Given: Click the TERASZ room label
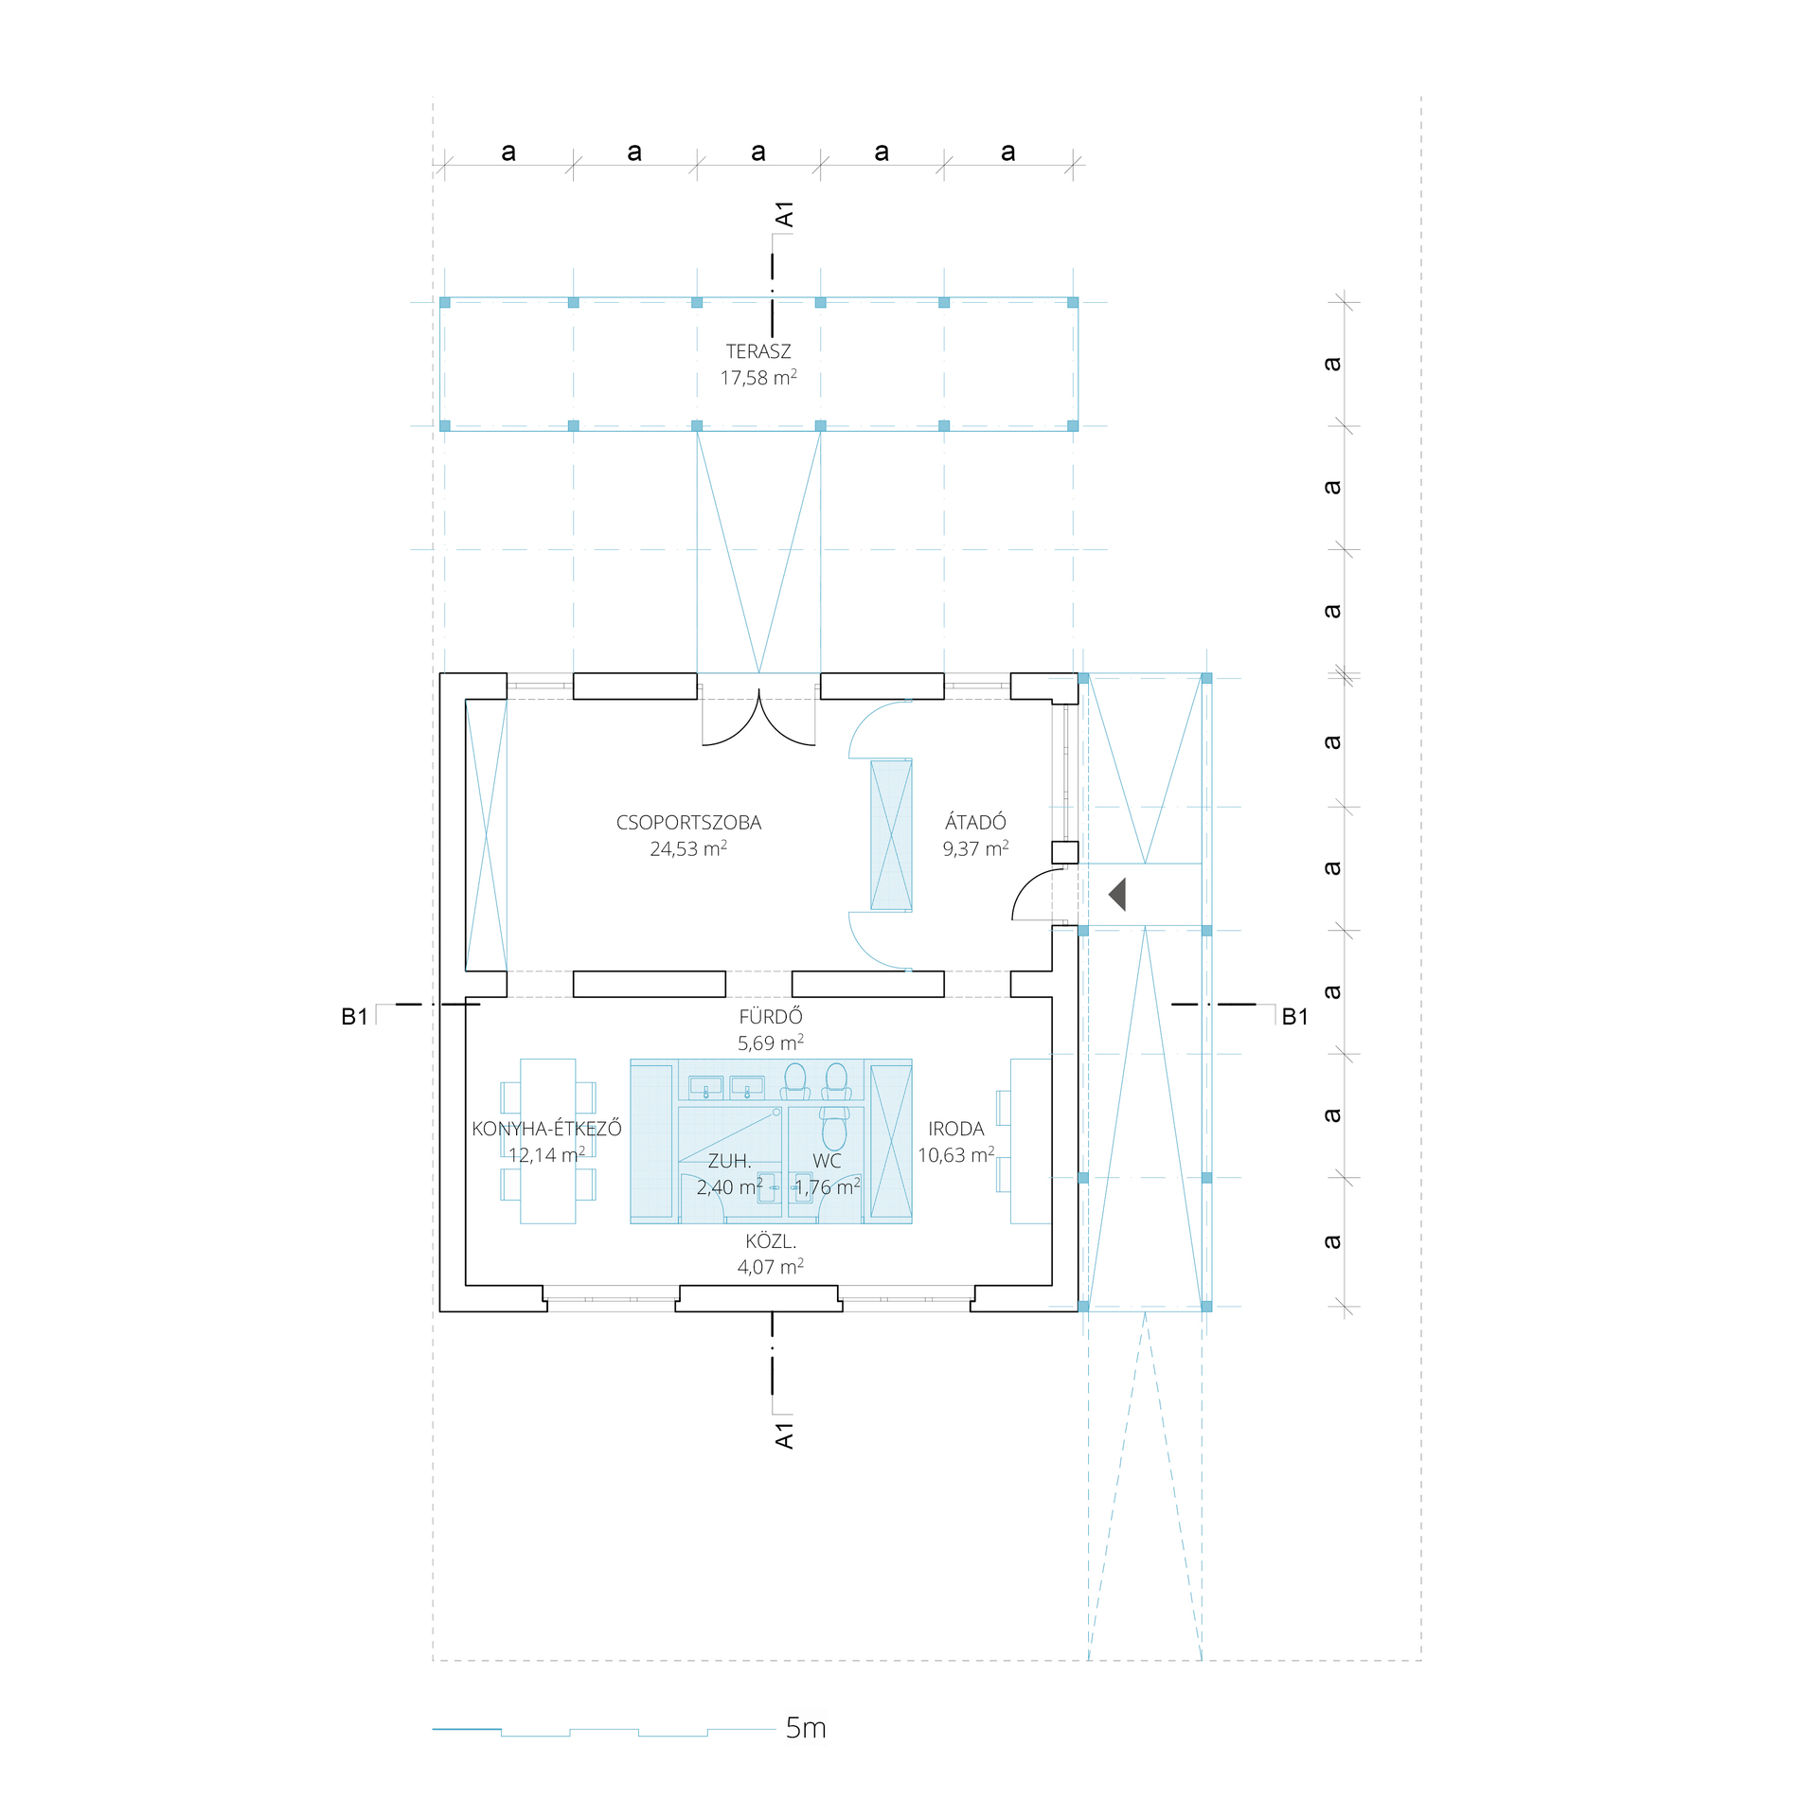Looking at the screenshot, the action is (758, 351).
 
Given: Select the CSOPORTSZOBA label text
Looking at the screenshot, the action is (688, 823).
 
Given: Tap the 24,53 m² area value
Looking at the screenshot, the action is (688, 848).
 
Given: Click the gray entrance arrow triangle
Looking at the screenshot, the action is (1117, 895).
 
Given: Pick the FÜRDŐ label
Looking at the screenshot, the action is (771, 1016).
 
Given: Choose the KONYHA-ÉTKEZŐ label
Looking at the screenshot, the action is (546, 1128).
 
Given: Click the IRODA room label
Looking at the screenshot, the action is (956, 1129).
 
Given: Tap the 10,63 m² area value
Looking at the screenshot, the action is (956, 1154).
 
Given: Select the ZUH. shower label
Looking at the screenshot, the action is (729, 1161).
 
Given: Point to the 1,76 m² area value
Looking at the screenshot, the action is (828, 1186).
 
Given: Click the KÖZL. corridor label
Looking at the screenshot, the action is (771, 1240).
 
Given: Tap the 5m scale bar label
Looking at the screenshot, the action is (806, 1728).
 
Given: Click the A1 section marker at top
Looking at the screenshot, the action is (784, 215).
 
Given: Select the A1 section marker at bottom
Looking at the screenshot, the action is (784, 1435).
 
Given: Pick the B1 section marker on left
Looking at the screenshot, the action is (354, 1017).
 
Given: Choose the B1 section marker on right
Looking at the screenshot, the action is (1294, 1017).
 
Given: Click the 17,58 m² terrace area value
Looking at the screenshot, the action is (758, 378).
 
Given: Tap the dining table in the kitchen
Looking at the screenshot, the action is (548, 1141).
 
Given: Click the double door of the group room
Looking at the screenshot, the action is (758, 720).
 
